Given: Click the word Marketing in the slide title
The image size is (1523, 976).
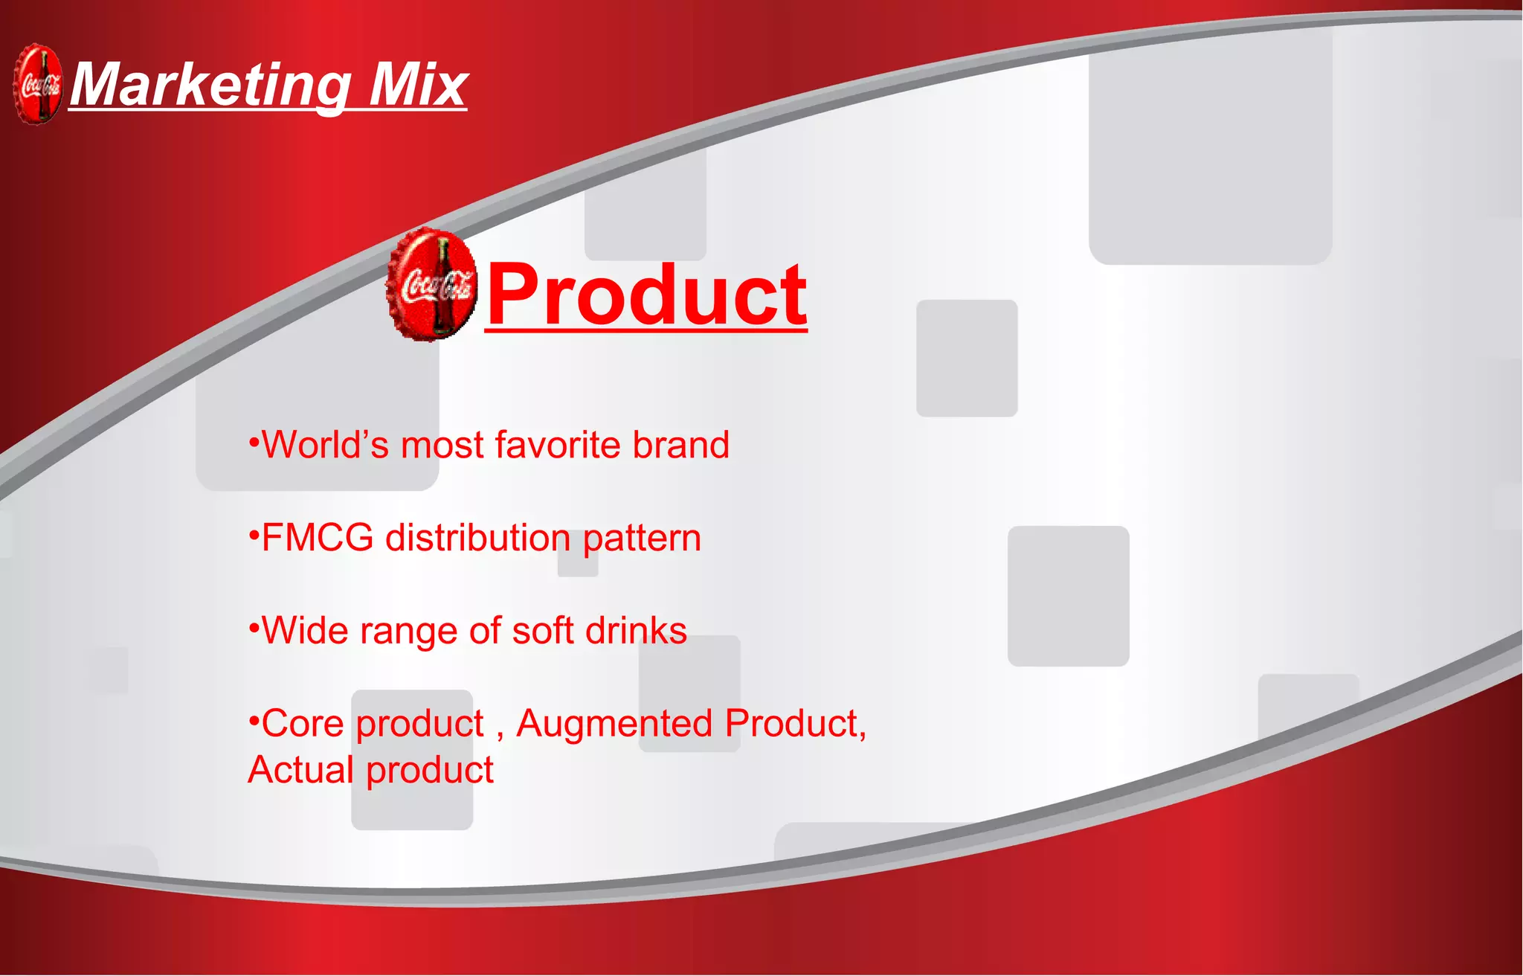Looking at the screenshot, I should pyautogui.click(x=210, y=86).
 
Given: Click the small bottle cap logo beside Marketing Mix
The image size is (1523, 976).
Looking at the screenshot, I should pyautogui.click(x=38, y=84).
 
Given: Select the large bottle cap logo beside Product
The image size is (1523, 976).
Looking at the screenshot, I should pyautogui.click(x=431, y=285).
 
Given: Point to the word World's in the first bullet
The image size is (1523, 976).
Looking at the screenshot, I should pyautogui.click(x=326, y=445).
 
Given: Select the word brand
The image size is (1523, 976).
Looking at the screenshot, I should pyautogui.click(x=680, y=445).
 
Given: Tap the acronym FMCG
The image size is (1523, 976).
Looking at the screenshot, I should pyautogui.click(x=318, y=538).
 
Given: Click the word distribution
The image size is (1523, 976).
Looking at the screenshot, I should pyautogui.click(x=477, y=538).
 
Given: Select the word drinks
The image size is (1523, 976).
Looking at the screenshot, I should pyautogui.click(x=636, y=631).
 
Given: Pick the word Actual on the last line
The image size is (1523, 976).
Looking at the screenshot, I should pyautogui.click(x=300, y=770).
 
